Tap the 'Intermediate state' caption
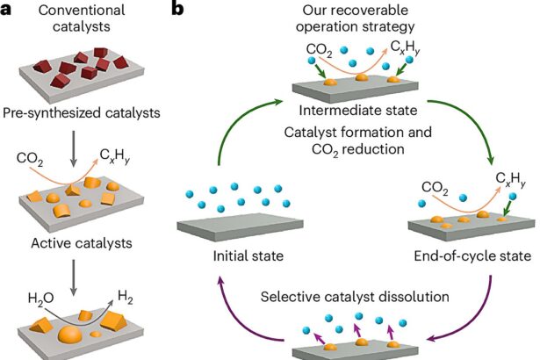point(355,111)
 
